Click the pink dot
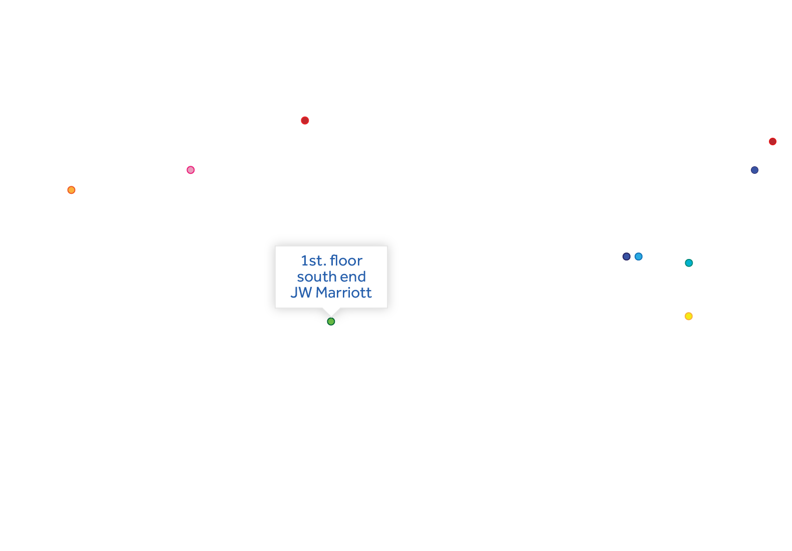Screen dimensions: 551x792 point(190,170)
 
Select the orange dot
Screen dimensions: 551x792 point(71,190)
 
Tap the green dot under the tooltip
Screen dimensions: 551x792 point(331,322)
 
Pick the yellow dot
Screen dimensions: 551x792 point(689,316)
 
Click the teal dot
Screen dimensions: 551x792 point(689,263)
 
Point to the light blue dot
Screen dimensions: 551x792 point(639,256)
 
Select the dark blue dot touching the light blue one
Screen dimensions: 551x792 point(627,256)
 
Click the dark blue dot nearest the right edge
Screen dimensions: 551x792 point(754,170)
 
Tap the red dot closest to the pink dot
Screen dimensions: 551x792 point(305,120)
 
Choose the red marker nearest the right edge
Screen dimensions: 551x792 point(772,142)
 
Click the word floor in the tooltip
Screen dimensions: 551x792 point(346,260)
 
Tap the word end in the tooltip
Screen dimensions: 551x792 point(353,277)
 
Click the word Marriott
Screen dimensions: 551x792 point(343,293)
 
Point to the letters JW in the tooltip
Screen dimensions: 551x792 point(301,293)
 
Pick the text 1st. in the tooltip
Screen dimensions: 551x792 point(313,260)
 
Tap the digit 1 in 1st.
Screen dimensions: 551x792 point(304,260)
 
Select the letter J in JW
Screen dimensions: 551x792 point(294,293)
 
